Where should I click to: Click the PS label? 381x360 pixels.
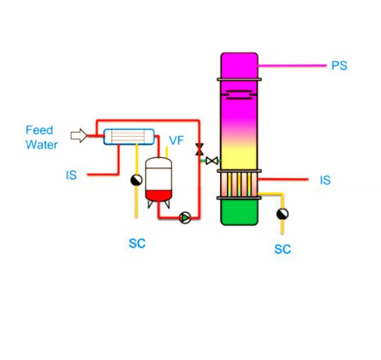click(340, 65)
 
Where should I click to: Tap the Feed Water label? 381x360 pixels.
click(41, 137)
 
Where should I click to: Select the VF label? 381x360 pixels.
click(177, 141)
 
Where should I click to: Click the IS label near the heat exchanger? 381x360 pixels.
click(71, 175)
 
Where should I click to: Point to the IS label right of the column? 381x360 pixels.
click(326, 180)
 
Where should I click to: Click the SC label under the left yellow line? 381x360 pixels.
click(137, 243)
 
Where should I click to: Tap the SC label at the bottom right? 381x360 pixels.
click(282, 249)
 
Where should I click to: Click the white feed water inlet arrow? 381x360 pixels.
click(79, 135)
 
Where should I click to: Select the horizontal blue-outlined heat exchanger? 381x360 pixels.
click(129, 137)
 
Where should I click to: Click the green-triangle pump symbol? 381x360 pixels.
click(185, 217)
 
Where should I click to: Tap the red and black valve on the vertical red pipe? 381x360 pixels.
click(199, 149)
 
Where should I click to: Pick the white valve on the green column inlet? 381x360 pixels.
click(211, 161)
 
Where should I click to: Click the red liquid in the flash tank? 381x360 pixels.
click(159, 195)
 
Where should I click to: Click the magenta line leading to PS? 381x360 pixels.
click(292, 65)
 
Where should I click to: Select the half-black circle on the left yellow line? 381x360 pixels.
click(136, 180)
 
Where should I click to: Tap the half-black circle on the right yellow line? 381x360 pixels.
click(282, 214)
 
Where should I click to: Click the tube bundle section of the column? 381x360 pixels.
click(239, 184)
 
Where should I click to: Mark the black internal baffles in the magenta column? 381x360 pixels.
click(239, 95)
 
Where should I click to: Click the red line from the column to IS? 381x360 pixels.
click(283, 179)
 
